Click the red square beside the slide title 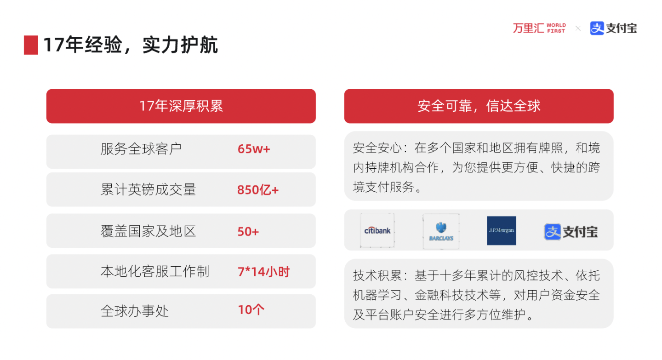(x=31, y=45)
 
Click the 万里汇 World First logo (x=539, y=28)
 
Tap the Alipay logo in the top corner (x=613, y=28)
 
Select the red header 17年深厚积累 (x=181, y=106)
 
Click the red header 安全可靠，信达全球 (x=479, y=106)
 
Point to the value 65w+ (x=253, y=149)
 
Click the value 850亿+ (x=257, y=190)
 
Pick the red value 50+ (x=248, y=231)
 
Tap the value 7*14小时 (x=263, y=272)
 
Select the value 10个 (x=251, y=310)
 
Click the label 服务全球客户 (x=141, y=149)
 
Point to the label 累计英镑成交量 (x=148, y=190)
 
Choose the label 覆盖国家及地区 (x=148, y=231)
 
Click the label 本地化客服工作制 (x=154, y=272)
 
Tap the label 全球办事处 (x=135, y=311)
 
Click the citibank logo (x=377, y=230)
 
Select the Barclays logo (x=441, y=231)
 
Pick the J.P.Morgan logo (x=501, y=230)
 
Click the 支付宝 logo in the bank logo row (x=571, y=231)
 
